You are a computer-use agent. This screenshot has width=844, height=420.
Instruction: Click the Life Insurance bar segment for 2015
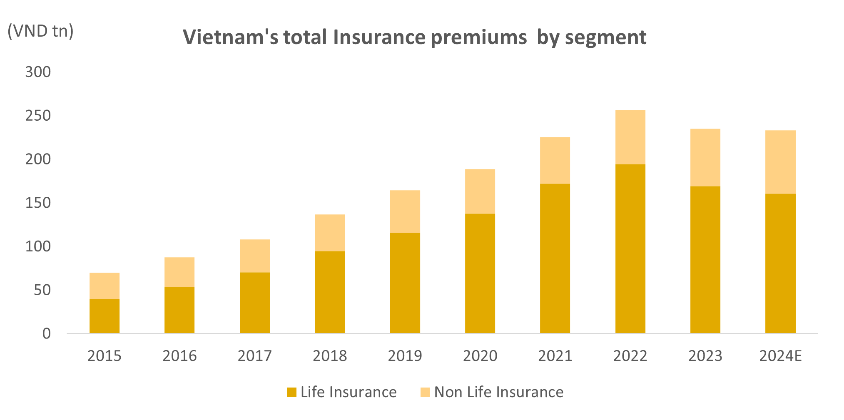[105, 316]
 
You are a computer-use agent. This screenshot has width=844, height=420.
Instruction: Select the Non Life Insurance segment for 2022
[630, 137]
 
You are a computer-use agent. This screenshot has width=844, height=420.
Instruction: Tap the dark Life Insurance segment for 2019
[405, 283]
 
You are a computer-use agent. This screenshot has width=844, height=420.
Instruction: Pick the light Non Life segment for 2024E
[780, 162]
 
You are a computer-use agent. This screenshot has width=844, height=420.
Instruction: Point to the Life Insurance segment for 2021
[555, 258]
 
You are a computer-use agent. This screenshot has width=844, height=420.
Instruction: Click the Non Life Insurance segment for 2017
[255, 256]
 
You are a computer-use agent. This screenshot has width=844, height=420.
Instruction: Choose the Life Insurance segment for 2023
[705, 259]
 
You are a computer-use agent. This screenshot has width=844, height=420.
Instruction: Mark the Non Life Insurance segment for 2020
[480, 191]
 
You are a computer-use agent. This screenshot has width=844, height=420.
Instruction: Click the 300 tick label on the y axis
[38, 72]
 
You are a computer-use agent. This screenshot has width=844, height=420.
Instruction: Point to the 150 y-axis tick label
[38, 203]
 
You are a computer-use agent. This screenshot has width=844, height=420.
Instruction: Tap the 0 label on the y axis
[47, 333]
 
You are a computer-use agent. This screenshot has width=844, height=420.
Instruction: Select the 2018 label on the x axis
[330, 356]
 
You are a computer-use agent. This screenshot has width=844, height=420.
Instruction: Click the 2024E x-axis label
[780, 356]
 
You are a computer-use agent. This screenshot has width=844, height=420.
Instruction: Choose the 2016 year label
[179, 356]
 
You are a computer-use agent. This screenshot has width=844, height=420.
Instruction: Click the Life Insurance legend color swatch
[291, 392]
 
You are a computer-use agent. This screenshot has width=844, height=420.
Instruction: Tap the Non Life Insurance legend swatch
[425, 392]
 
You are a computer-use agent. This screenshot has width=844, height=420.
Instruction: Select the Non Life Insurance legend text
[499, 392]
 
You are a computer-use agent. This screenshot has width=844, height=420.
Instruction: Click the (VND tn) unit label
[41, 31]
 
